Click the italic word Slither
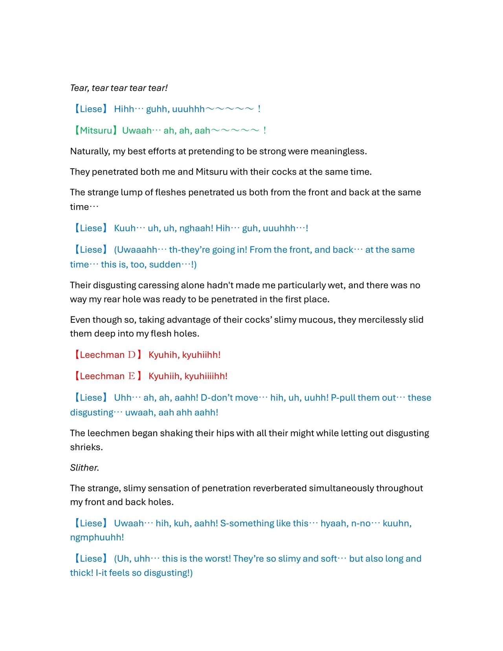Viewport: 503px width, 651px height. point(84,468)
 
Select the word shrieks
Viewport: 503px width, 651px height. point(86,447)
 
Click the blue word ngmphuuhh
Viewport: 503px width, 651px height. point(97,537)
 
